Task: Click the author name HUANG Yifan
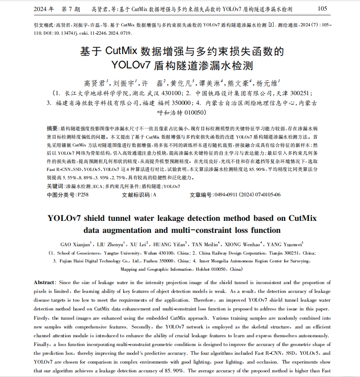tap(170, 244)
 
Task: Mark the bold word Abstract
tap(44, 282)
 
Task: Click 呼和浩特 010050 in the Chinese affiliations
tap(180, 112)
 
